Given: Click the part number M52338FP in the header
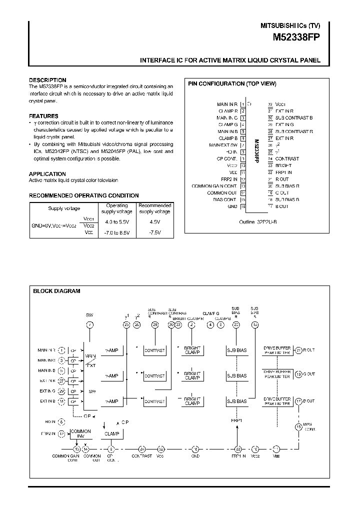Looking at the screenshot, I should click(x=296, y=37).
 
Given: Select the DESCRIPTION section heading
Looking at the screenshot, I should click(x=47, y=80).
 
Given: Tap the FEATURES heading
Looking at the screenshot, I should click(x=43, y=116).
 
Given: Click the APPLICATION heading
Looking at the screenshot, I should click(x=47, y=174).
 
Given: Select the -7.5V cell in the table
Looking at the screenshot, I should click(x=154, y=232).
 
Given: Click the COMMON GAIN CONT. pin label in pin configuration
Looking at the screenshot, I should click(x=214, y=186).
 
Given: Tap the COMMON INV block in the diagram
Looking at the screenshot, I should click(x=80, y=433).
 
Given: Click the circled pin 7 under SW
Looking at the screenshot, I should click(x=90, y=324).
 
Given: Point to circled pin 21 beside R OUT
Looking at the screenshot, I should click(x=299, y=350).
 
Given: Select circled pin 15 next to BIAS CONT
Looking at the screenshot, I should click(x=299, y=426).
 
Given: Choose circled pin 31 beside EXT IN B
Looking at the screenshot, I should click(x=61, y=401).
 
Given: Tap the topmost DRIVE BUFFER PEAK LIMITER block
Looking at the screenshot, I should click(x=276, y=350).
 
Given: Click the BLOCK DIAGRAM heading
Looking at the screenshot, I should click(x=56, y=291).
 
